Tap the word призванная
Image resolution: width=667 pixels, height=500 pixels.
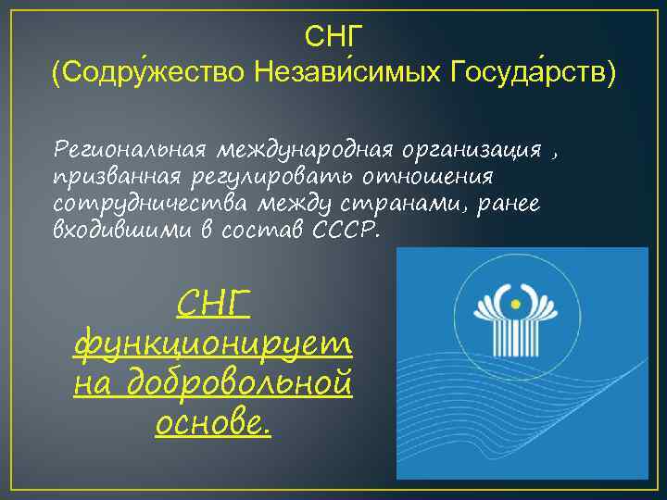point(118,176)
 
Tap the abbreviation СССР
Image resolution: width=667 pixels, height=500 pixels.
point(346,229)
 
